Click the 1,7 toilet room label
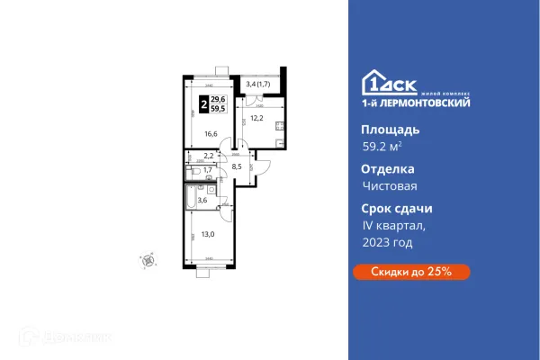(x=207, y=169)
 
